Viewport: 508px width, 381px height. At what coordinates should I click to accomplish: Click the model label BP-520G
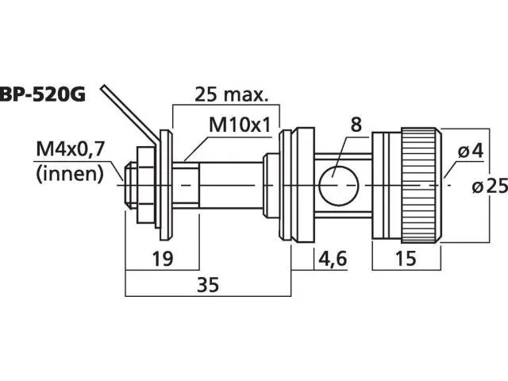pos(43,95)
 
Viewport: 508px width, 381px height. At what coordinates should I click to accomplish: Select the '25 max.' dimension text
pos(231,94)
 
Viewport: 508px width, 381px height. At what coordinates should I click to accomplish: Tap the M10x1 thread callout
pos(240,125)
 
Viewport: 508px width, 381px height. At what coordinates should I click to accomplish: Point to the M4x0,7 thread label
pos(71,150)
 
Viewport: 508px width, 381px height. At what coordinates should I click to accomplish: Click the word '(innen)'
pos(70,174)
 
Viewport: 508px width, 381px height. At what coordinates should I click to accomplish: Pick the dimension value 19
pos(163,258)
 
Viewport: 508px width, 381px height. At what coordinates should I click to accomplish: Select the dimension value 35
pos(208,285)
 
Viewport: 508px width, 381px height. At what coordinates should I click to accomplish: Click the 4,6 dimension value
pos(333,259)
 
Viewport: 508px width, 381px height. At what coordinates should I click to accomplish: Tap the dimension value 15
pos(406,258)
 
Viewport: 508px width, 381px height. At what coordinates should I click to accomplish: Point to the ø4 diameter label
pos(471,151)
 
